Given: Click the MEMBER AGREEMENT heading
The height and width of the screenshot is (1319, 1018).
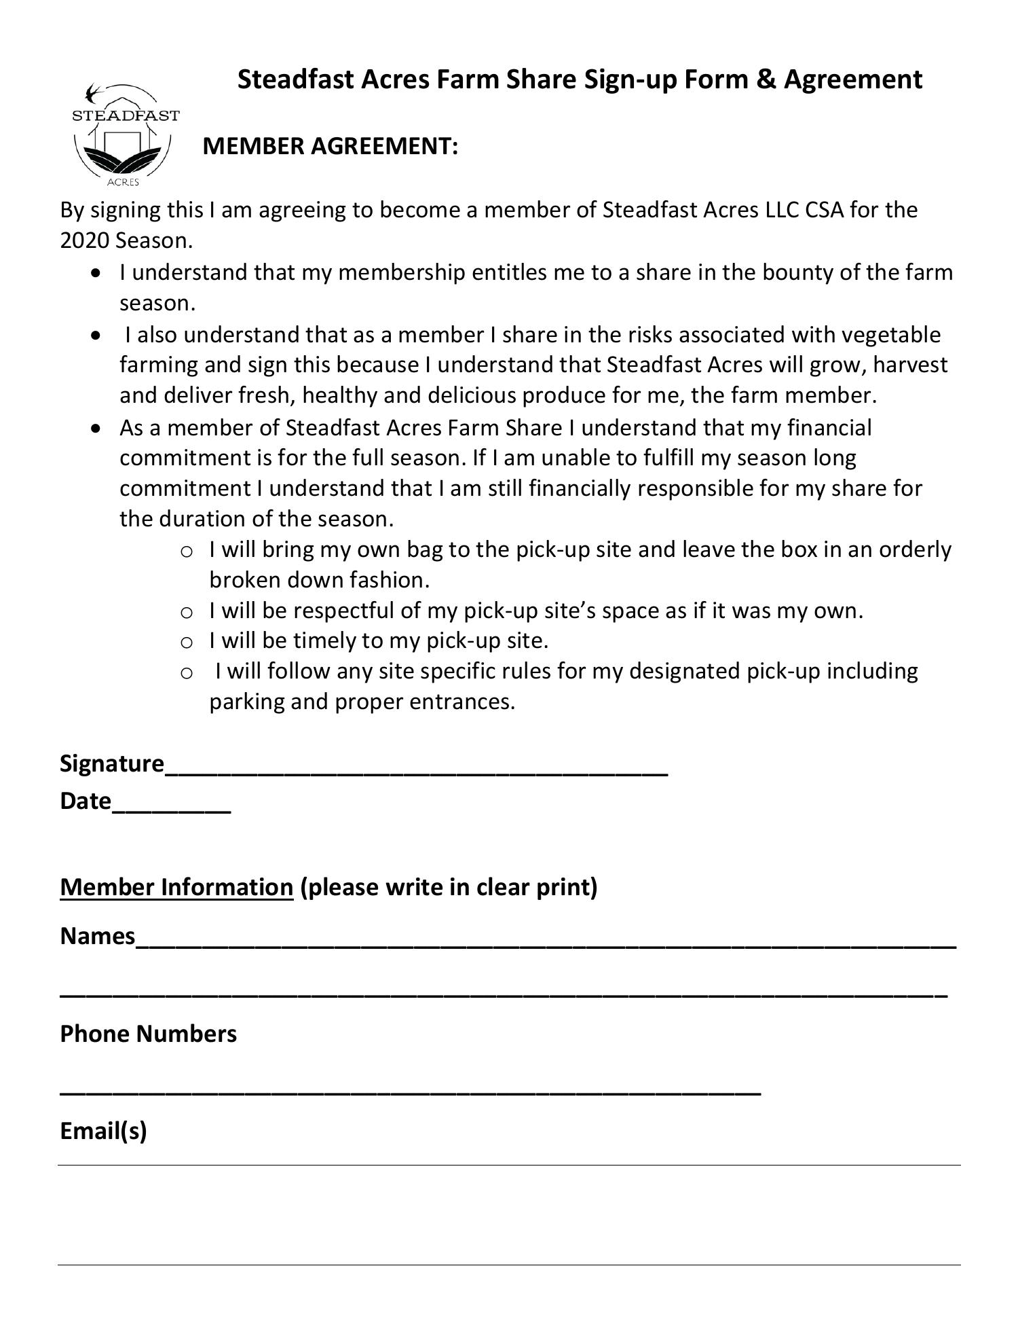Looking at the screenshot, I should [x=330, y=146].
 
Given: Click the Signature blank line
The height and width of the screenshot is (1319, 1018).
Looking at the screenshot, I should [x=417, y=767].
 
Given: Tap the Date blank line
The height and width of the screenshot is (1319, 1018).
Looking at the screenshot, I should [x=171, y=806].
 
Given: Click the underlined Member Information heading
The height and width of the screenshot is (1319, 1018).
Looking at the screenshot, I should [x=176, y=887].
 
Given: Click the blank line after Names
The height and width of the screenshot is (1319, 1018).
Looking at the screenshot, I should [x=546, y=941].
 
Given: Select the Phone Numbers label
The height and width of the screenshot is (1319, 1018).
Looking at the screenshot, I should [x=148, y=1034].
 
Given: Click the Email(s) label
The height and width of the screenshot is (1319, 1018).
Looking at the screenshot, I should [x=103, y=1131].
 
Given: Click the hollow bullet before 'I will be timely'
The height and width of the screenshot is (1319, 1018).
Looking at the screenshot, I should [x=187, y=642].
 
